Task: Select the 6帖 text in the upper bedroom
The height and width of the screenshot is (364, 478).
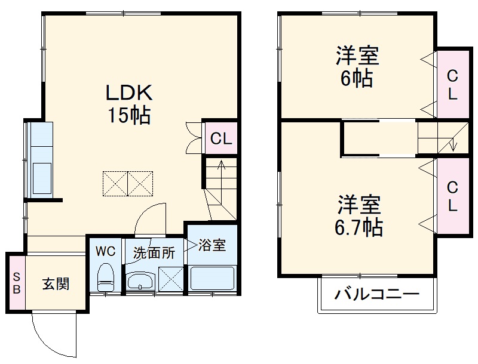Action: tap(357, 78)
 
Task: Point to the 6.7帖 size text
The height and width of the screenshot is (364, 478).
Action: tap(358, 227)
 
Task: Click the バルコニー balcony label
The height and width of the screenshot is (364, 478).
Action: tap(376, 294)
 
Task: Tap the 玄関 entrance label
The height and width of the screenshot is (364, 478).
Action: tap(56, 283)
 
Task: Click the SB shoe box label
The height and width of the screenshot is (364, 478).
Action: tap(17, 283)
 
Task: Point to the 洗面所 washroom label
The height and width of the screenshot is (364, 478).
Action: tap(154, 252)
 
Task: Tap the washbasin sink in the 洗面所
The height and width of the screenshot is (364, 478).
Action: tap(141, 282)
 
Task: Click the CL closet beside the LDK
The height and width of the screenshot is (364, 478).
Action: tap(220, 139)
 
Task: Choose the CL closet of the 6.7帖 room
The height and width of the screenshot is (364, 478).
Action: tap(452, 196)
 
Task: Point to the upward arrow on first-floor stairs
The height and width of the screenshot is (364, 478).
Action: tap(220, 170)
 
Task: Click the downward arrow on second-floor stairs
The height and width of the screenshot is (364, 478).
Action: tap(454, 143)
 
